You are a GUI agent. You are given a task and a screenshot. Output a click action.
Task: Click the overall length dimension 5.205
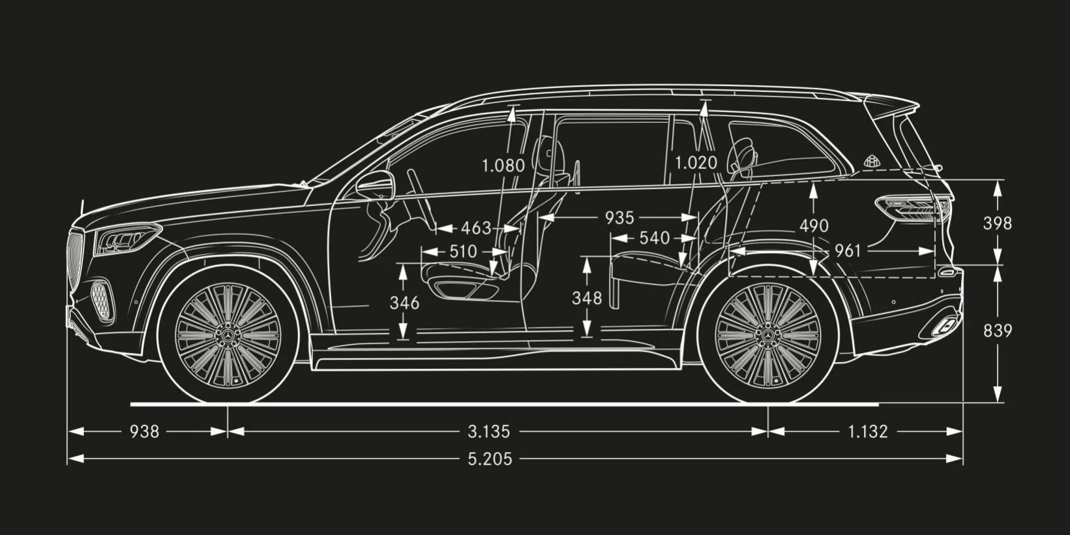(490, 459)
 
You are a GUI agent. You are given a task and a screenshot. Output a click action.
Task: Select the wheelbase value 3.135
(488, 432)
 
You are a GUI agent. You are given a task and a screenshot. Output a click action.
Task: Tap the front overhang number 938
(144, 432)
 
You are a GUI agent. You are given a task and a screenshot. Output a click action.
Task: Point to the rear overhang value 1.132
(867, 432)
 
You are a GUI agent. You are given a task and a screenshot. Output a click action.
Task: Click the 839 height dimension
(998, 330)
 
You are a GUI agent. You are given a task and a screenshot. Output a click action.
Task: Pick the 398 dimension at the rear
(998, 223)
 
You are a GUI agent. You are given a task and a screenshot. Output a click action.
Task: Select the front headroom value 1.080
(503, 166)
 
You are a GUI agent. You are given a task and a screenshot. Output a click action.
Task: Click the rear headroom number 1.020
(696, 163)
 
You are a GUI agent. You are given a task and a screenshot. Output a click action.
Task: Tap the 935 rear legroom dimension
(619, 218)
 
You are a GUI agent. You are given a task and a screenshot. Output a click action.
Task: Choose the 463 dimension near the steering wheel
(476, 228)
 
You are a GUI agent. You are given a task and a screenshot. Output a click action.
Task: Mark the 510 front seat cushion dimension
(463, 251)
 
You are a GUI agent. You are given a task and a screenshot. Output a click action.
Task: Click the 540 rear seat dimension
(655, 238)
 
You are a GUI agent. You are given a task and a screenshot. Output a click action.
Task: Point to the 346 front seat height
(405, 303)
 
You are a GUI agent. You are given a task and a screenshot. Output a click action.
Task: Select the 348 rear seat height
(587, 298)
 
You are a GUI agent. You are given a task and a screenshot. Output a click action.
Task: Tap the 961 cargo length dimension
(848, 251)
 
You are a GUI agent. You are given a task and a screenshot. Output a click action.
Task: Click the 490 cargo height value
(814, 226)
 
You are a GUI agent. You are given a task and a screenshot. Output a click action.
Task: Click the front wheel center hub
(228, 334)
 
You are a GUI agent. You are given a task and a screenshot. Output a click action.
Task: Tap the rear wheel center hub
(767, 334)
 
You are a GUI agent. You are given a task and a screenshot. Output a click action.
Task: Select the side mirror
(376, 185)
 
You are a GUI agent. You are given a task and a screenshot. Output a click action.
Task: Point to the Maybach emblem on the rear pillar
(872, 162)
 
